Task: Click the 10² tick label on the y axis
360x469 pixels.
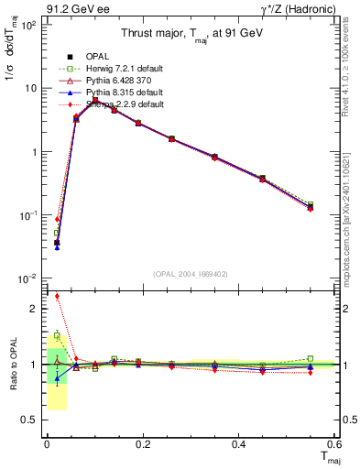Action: coord(27,25)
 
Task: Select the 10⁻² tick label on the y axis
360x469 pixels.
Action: coord(27,278)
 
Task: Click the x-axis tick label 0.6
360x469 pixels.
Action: coord(335,443)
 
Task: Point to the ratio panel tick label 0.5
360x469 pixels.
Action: coord(30,420)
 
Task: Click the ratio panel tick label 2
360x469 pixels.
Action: coord(34,309)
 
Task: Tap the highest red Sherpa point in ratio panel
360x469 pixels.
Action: coord(57,296)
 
